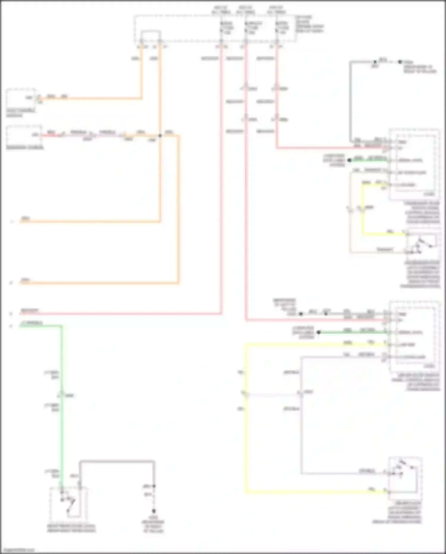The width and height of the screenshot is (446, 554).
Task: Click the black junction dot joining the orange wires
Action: click(160, 135)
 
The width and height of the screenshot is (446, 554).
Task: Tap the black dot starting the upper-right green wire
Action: click(350, 160)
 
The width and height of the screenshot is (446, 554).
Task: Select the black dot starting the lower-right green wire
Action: click(318, 332)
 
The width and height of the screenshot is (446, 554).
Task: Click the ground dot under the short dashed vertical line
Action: click(154, 511)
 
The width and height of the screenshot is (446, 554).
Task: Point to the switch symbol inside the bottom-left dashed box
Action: click(69, 503)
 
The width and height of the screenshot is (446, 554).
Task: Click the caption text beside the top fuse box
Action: click(309, 24)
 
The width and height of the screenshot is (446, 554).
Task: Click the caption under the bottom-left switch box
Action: click(71, 528)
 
